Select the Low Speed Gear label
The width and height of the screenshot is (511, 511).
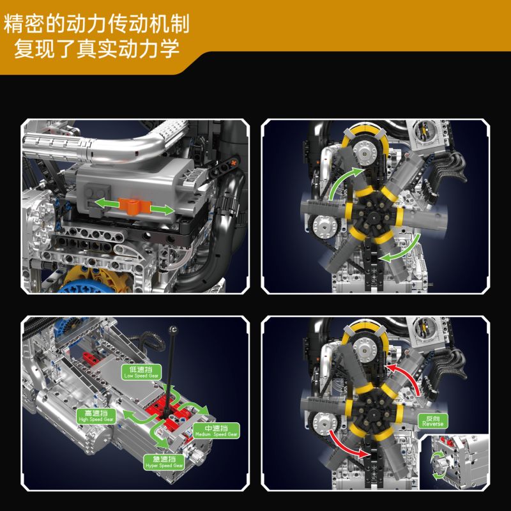coord(141,372)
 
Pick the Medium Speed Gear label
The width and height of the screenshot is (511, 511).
coord(216,430)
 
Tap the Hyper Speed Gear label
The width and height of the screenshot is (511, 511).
coord(168,462)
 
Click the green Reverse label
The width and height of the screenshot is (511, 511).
coord(432,421)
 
